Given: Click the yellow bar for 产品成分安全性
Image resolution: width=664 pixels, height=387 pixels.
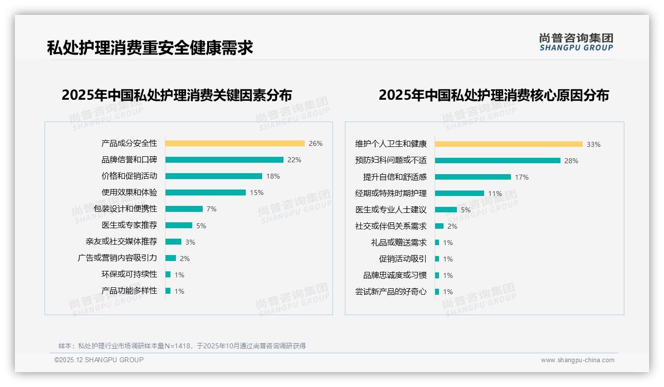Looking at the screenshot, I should (x=235, y=143).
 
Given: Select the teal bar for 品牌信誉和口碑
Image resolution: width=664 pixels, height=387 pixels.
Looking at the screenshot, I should (x=224, y=160).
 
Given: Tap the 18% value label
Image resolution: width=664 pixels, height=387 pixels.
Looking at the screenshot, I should (x=273, y=176).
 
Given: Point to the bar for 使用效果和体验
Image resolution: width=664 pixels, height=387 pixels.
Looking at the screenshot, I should (x=206, y=193).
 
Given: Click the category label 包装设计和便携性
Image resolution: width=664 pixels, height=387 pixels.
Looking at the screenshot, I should (x=125, y=209).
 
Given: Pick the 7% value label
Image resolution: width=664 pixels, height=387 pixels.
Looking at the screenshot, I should (x=212, y=209).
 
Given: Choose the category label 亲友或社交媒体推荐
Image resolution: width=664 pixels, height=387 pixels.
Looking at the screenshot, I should (x=121, y=242).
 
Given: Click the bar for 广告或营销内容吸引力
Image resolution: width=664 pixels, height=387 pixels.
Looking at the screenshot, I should (x=171, y=258).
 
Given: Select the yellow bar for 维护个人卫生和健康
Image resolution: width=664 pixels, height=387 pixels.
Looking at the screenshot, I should (x=509, y=144).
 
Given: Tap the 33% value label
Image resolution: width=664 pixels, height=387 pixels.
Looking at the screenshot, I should (x=594, y=144).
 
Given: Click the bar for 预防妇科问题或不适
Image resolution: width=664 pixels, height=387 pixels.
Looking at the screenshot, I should (x=498, y=161).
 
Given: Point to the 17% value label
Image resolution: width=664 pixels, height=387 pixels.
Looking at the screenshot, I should (x=522, y=177).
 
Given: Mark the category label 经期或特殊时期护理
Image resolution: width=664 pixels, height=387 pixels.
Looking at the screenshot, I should (x=391, y=193).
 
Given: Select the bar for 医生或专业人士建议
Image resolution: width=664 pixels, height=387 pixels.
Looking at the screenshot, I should (x=446, y=210).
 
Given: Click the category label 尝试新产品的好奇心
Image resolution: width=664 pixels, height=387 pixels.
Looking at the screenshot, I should (x=391, y=292).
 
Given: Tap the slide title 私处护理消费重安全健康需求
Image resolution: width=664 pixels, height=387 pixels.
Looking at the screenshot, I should (x=150, y=48).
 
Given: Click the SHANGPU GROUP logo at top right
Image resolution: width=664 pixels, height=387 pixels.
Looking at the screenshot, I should (x=576, y=42).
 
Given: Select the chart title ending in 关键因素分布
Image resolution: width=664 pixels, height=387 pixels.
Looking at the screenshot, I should (x=177, y=95).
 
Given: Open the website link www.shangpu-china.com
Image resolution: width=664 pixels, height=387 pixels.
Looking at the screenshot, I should (x=577, y=360).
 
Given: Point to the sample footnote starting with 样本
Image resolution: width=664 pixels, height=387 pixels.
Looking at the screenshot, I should (x=182, y=346).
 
